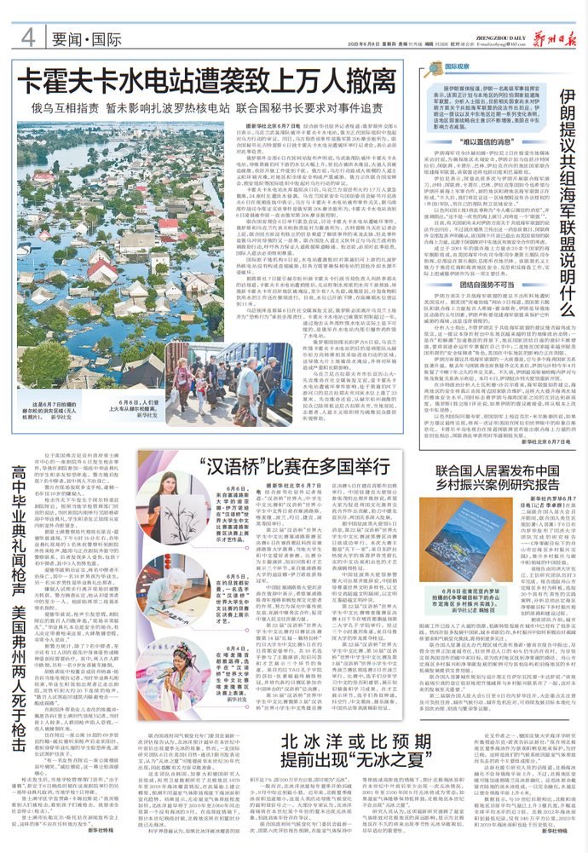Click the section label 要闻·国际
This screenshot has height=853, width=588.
click(x=77, y=38)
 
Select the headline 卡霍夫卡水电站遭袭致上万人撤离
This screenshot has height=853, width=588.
click(x=210, y=85)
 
